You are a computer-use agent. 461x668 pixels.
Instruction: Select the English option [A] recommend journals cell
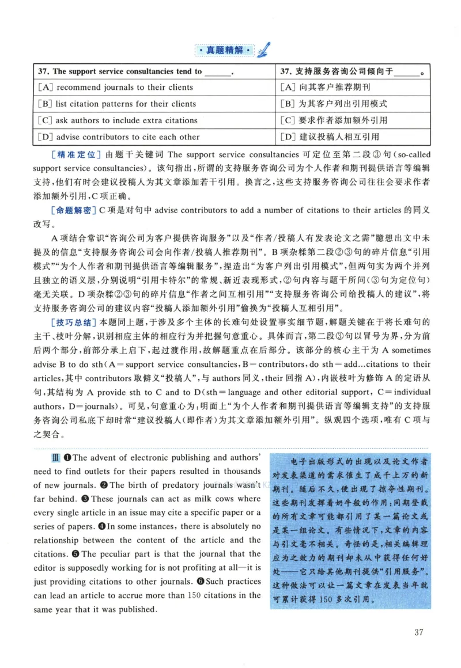(x=116, y=88)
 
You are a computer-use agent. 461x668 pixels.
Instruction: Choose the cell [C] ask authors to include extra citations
(x=118, y=120)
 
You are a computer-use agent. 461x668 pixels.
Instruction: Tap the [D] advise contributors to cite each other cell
(x=119, y=137)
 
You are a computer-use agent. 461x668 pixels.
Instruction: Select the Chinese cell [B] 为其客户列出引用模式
(x=333, y=104)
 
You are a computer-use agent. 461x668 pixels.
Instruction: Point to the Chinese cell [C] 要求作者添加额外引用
(x=333, y=120)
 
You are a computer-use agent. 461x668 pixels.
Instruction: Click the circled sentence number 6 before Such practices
(x=201, y=582)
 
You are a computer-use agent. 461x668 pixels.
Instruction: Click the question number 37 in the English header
(x=43, y=71)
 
